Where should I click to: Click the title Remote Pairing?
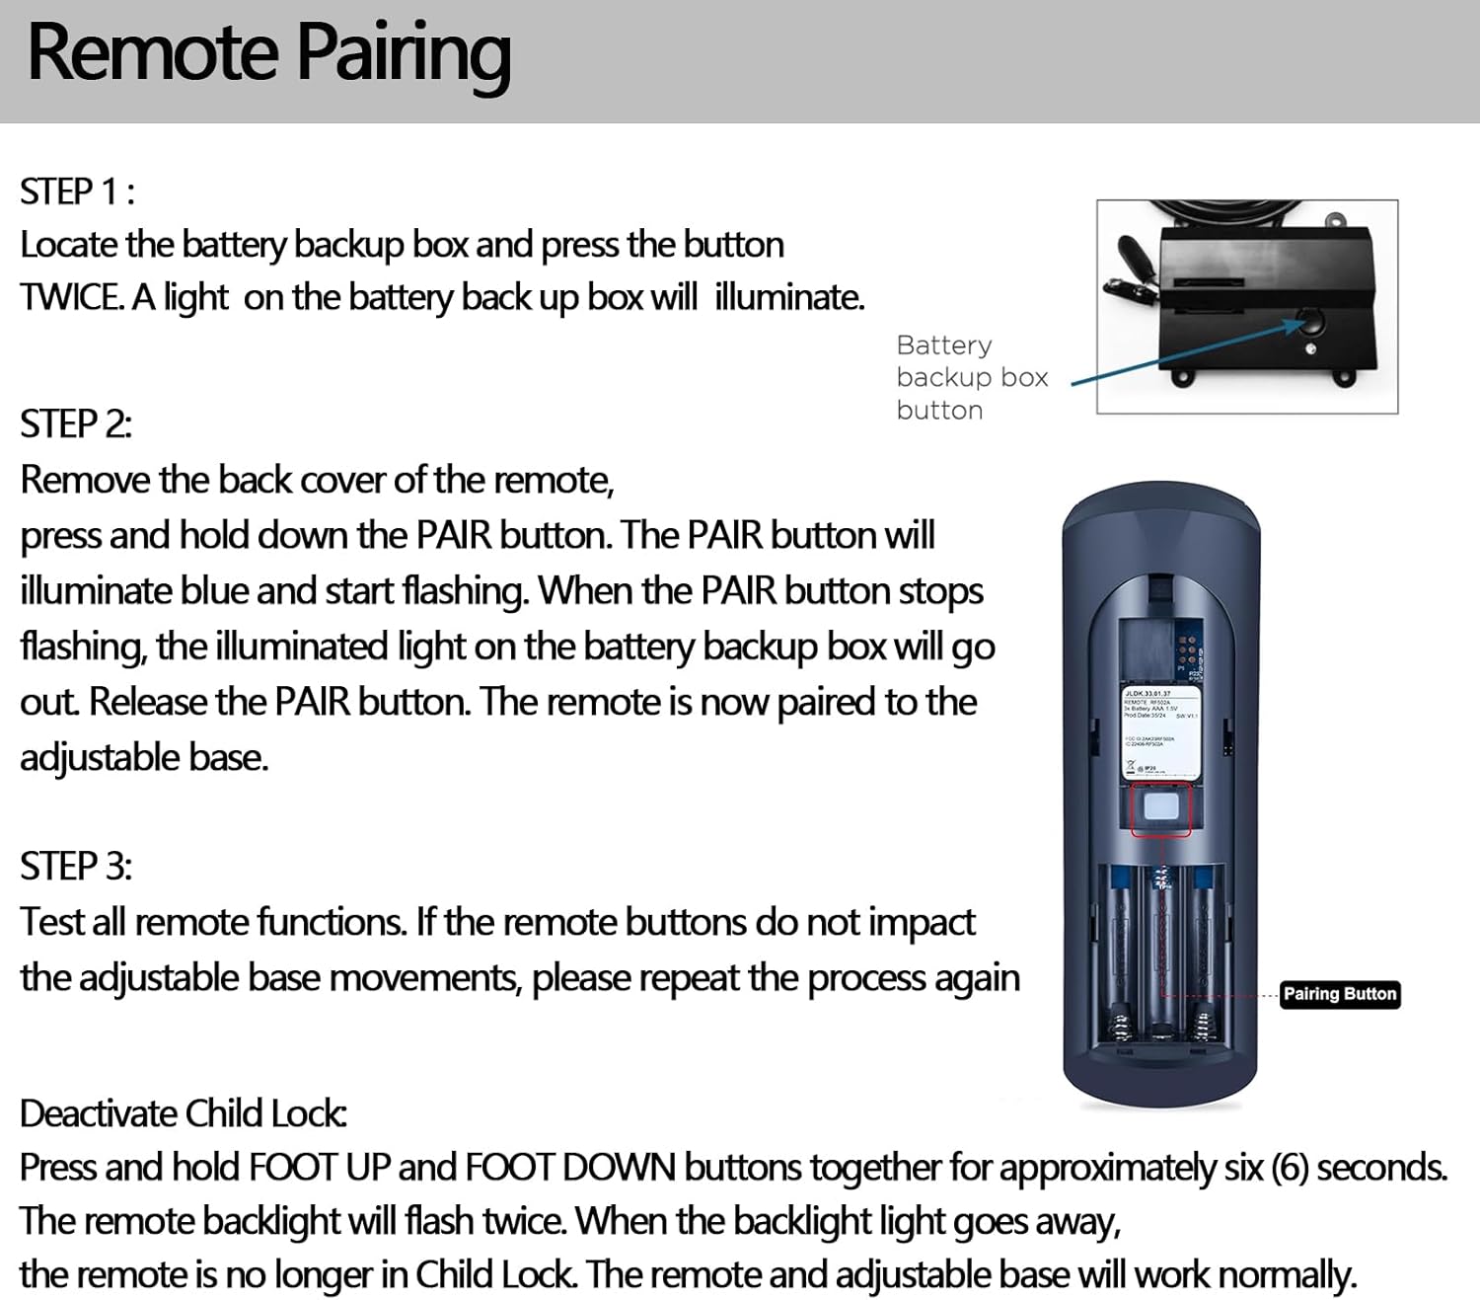point(268,54)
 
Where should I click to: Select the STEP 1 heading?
point(77,191)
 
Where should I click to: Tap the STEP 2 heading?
point(76,424)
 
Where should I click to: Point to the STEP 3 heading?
point(76,867)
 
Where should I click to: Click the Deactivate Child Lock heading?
point(183,1113)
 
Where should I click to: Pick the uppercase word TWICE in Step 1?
point(71,297)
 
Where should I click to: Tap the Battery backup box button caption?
point(971,378)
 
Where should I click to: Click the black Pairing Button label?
point(1339,994)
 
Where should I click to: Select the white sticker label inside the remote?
point(1160,735)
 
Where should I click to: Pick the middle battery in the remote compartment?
point(1162,948)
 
